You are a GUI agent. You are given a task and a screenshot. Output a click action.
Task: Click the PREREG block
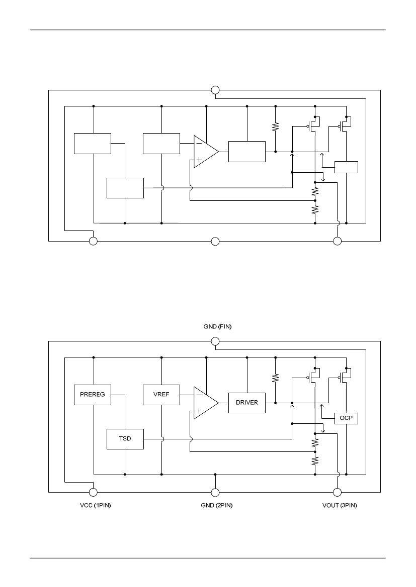[x=92, y=395]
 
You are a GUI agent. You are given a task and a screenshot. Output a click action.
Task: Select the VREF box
[x=161, y=395]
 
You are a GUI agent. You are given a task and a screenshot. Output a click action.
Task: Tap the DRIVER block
[x=247, y=403]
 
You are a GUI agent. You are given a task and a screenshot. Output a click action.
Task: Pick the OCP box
[x=346, y=418]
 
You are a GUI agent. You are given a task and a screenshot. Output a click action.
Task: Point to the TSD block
[x=125, y=439]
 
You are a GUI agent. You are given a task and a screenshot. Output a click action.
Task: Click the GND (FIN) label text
[x=218, y=326]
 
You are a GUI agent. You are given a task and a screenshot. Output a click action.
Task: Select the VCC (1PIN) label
[x=95, y=505]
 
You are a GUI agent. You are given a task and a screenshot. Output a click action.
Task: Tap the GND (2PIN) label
[x=217, y=505]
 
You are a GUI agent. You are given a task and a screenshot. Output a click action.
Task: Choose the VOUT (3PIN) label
[x=340, y=505]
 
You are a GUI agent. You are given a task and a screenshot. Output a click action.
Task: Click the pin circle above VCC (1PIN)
[x=93, y=492]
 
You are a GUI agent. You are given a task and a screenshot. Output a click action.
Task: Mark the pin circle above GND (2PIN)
[x=215, y=492]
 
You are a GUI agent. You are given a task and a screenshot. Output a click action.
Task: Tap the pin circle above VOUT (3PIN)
[x=337, y=492]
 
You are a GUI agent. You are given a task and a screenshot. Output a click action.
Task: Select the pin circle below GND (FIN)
[x=215, y=341]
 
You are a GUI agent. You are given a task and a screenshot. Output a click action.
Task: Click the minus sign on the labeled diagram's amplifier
[x=199, y=395]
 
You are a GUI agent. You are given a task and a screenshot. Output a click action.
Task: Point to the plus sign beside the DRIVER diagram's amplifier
[x=199, y=411]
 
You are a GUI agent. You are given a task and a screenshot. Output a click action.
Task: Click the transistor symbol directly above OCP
[x=345, y=376]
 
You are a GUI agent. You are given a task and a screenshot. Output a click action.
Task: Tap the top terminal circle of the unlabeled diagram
[x=215, y=90]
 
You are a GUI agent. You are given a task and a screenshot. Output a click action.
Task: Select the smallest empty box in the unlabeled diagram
[x=346, y=167]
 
